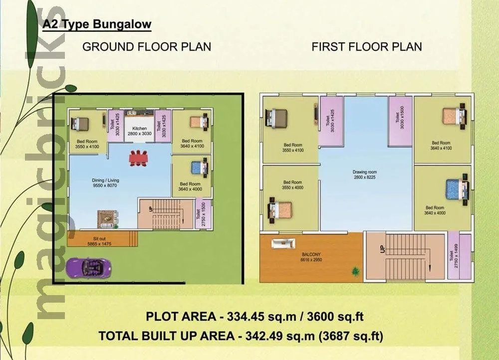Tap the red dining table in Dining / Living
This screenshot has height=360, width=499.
point(138,157)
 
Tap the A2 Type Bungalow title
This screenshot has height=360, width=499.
point(97,24)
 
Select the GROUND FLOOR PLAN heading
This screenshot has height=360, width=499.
point(146,47)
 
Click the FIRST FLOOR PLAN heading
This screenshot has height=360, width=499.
point(367,47)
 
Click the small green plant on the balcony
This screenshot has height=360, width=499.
point(355,271)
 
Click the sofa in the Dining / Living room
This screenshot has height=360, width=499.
point(107,217)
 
